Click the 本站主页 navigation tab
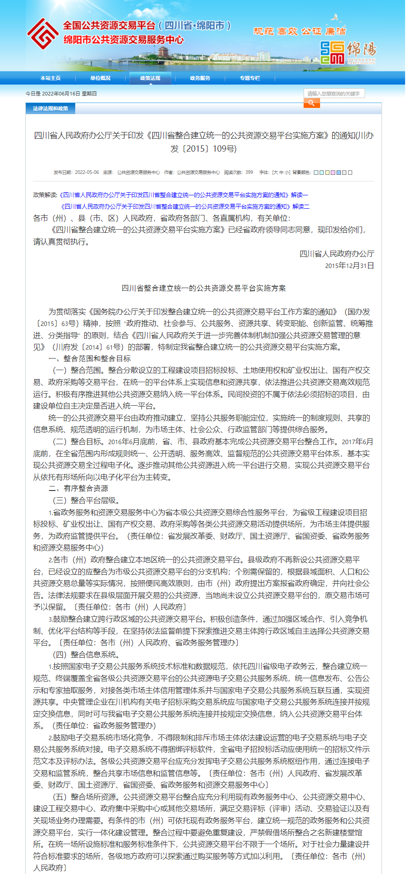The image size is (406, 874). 50,78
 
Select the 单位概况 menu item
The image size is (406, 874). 100,78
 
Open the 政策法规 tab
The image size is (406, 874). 150,78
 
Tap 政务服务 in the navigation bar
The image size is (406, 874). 200,78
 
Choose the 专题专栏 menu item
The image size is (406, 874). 250,78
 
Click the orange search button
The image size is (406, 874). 312,103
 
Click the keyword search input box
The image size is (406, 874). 334,94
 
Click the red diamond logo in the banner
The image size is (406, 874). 42,33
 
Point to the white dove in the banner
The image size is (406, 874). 335,18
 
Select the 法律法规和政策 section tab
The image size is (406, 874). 50,108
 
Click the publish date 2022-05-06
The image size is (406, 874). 87,173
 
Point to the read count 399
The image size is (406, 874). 249,173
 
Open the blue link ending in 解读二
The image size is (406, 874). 185,206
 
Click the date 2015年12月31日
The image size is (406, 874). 349,266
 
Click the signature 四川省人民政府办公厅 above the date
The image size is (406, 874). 337,254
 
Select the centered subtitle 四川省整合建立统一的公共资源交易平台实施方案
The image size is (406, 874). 204,289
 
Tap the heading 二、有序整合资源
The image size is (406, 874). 78,489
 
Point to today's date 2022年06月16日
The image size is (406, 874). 61,94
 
